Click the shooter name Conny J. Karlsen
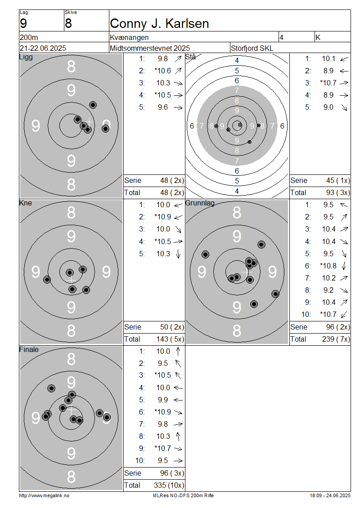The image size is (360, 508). (x=159, y=24)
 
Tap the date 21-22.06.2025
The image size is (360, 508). (x=43, y=48)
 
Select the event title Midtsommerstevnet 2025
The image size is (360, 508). (x=150, y=48)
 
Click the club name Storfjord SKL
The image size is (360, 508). (x=252, y=48)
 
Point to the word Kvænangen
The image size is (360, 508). (x=130, y=38)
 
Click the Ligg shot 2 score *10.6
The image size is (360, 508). (x=162, y=71)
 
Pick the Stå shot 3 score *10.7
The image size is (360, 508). (x=328, y=83)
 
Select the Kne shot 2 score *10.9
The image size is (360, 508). (x=162, y=217)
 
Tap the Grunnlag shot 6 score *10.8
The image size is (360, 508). (x=328, y=266)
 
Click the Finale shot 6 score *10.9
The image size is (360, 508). (x=162, y=412)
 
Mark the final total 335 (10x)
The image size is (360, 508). (x=169, y=485)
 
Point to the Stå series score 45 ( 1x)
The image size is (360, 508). (x=338, y=180)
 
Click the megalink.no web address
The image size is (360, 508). (x=44, y=495)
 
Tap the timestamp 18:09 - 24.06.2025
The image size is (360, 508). (x=330, y=495)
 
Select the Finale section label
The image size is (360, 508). (x=29, y=349)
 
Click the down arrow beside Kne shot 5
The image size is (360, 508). (x=178, y=254)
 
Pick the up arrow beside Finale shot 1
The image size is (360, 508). (x=178, y=351)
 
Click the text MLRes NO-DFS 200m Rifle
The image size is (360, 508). (x=183, y=495)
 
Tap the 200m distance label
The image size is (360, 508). (x=29, y=38)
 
